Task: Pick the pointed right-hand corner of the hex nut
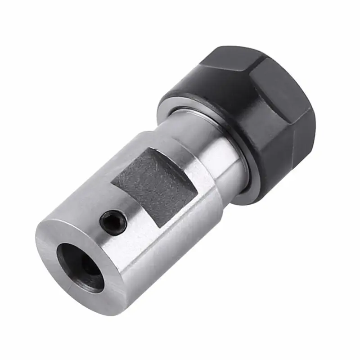pos(310,110)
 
